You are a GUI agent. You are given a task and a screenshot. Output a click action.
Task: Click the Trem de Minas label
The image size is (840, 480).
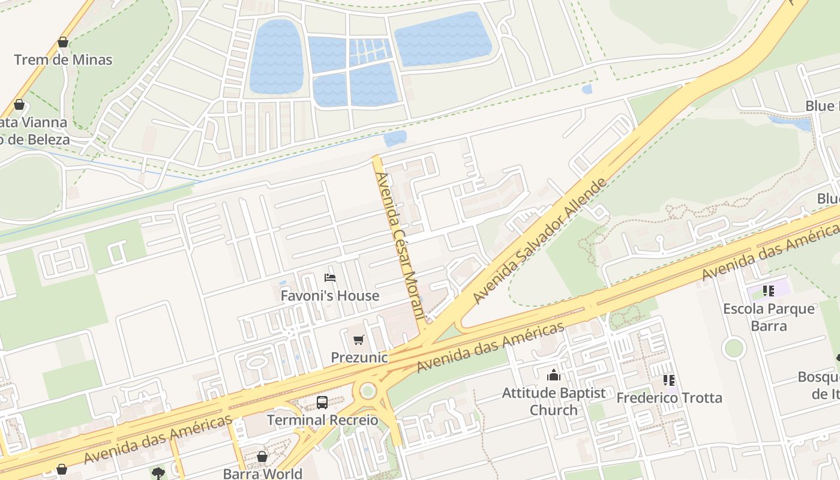[63, 60]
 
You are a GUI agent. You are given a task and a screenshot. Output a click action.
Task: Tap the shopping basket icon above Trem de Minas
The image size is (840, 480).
[63, 43]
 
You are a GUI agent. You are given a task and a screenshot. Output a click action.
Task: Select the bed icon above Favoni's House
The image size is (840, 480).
[330, 278]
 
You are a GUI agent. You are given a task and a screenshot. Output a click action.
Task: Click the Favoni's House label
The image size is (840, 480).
[330, 296]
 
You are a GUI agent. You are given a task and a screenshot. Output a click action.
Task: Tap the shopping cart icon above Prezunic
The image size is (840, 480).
[359, 340]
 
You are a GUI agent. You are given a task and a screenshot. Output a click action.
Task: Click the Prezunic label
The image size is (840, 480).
[359, 358]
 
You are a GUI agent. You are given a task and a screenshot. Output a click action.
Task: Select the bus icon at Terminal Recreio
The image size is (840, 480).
[322, 403]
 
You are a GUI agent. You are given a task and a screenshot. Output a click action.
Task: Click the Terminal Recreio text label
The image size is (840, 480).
[322, 420]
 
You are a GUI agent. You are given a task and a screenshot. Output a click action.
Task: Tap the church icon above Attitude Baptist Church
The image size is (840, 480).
[553, 376]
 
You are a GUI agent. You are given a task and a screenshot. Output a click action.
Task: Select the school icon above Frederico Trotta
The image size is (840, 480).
[669, 380]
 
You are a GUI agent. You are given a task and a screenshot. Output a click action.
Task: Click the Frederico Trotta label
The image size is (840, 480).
[669, 398]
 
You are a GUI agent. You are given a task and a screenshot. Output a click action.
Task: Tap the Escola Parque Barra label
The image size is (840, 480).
[769, 317]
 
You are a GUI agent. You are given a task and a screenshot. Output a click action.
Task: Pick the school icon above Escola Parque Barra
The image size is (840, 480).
[769, 292]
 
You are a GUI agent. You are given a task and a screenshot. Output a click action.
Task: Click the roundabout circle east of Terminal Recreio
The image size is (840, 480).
[368, 391]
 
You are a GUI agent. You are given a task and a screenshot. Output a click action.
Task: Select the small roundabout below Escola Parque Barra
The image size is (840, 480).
[733, 348]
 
